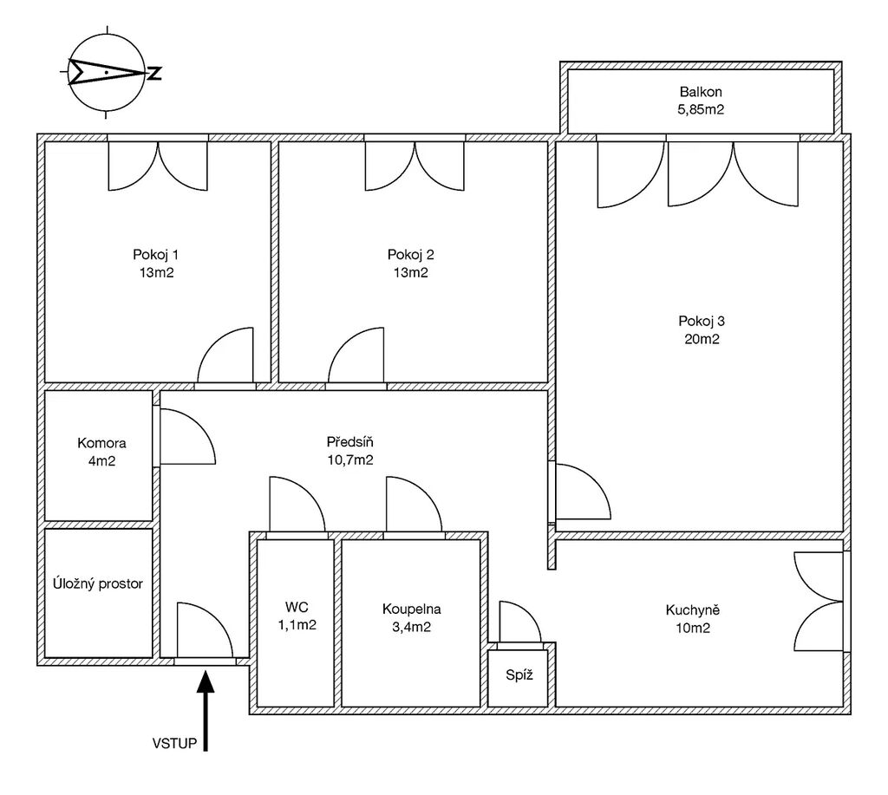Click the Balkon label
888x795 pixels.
[x=701, y=92]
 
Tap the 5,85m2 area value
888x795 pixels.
[x=701, y=109]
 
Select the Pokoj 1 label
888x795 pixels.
[x=156, y=255]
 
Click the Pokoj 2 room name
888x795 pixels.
[x=410, y=255]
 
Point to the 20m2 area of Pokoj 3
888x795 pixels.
[x=702, y=339]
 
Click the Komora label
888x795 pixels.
[x=101, y=443]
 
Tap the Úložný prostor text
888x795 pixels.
[x=98, y=583]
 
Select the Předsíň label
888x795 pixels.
[x=350, y=441]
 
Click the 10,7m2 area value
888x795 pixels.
[x=350, y=459]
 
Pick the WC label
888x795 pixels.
[x=297, y=608]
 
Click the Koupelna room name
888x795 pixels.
[x=412, y=609]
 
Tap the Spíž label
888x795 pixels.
[x=519, y=675]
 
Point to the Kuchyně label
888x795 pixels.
[x=693, y=609]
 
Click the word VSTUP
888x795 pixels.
[x=174, y=744]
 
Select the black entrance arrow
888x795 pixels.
[x=206, y=710]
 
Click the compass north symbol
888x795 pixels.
[x=107, y=73]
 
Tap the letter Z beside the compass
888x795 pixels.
[x=154, y=73]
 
